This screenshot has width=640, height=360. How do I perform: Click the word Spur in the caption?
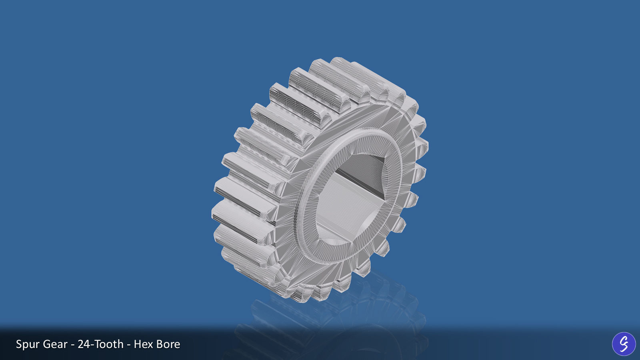pos(28,344)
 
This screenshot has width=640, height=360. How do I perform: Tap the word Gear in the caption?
pos(55,344)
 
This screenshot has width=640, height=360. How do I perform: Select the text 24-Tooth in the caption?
pos(100,344)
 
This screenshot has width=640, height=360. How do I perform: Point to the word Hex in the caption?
pos(143,344)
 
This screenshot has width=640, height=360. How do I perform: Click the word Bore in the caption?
pos(168,344)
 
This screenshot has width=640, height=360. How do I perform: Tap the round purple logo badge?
pos(624,344)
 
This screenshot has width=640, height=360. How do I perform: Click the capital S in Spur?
pos(19,344)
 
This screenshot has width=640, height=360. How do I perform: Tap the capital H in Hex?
pos(137,344)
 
